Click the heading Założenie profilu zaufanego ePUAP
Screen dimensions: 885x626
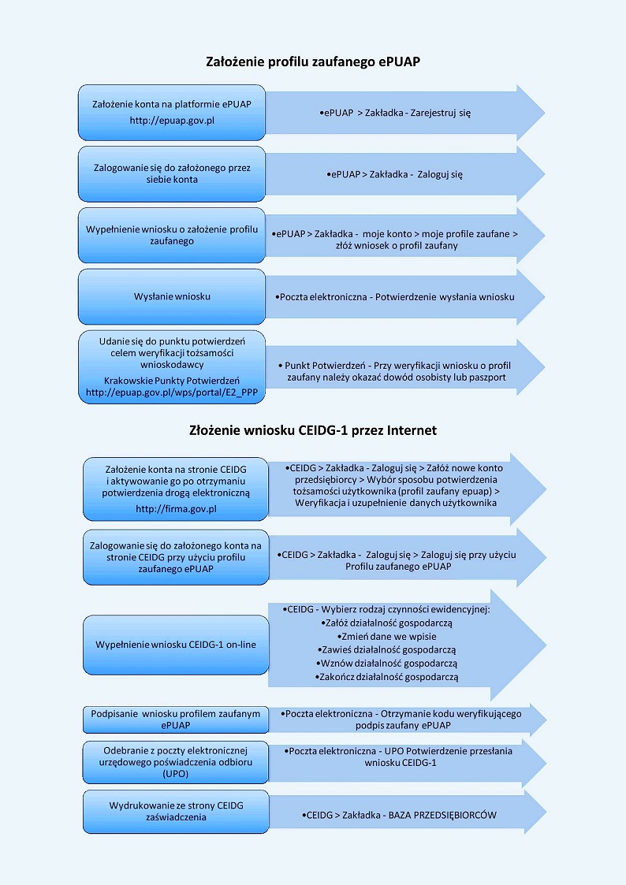[312, 61]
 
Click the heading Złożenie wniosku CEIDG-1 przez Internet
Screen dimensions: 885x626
[312, 430]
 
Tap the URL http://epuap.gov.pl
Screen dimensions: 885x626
[172, 121]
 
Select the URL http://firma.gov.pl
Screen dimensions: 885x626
[176, 509]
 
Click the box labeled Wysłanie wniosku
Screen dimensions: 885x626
[172, 297]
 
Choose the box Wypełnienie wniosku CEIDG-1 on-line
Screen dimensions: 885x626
[176, 645]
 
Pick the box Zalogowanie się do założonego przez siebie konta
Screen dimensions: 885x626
[172, 173]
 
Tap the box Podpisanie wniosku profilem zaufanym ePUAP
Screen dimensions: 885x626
[176, 719]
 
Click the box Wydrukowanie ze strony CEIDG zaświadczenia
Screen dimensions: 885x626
[176, 812]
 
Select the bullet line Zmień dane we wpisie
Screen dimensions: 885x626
[386, 636]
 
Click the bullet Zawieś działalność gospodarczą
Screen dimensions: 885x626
[386, 649]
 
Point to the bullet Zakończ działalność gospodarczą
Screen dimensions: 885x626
[386, 677]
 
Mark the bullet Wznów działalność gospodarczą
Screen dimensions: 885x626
[386, 664]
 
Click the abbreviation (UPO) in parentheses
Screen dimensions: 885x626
[176, 774]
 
